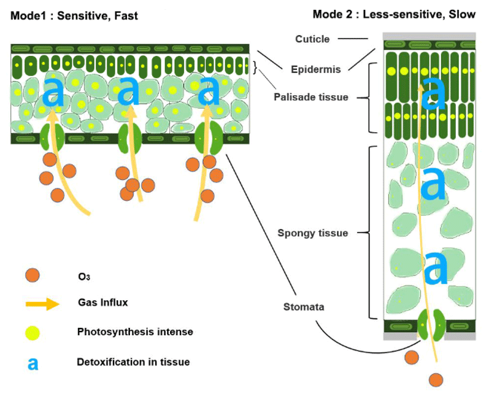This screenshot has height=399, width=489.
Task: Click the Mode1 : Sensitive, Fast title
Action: [x=74, y=16]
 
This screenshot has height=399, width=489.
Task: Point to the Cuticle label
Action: [x=312, y=39]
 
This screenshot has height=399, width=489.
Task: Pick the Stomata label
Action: [x=304, y=306]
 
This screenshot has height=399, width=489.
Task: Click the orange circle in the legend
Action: [x=34, y=276]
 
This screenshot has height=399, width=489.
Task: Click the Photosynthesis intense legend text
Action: [x=135, y=332]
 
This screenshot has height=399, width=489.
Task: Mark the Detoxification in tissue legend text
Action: [x=133, y=362]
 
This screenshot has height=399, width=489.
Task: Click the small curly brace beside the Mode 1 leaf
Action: [x=255, y=66]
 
